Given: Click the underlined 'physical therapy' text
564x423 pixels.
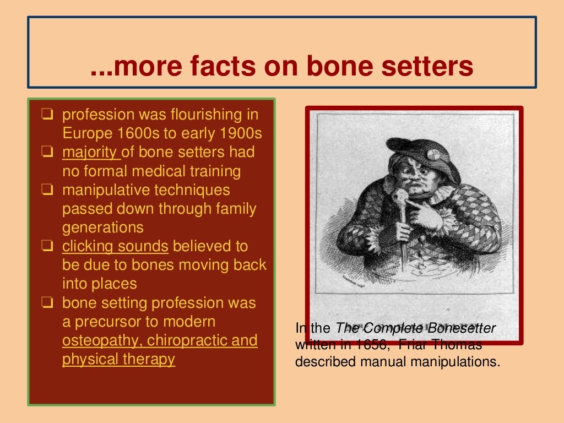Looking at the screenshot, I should click(x=118, y=359).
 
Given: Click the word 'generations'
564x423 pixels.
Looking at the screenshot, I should click(x=102, y=227).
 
